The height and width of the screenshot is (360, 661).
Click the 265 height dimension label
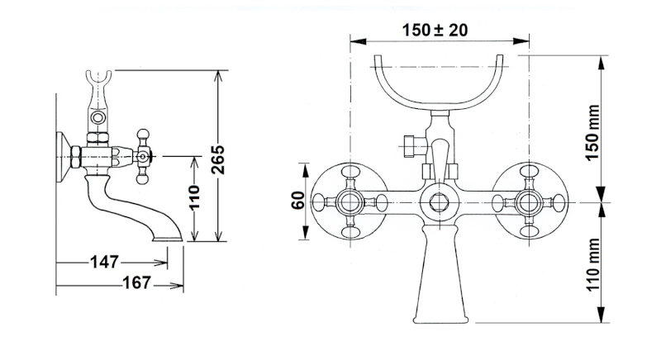click(x=217, y=157)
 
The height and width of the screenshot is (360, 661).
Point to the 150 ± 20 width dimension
click(x=435, y=30)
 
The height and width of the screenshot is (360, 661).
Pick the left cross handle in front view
click(x=348, y=201)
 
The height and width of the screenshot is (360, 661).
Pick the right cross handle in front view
click(x=526, y=201)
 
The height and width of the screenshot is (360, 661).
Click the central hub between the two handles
click(x=436, y=201)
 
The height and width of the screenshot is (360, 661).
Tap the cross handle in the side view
click(x=144, y=154)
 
